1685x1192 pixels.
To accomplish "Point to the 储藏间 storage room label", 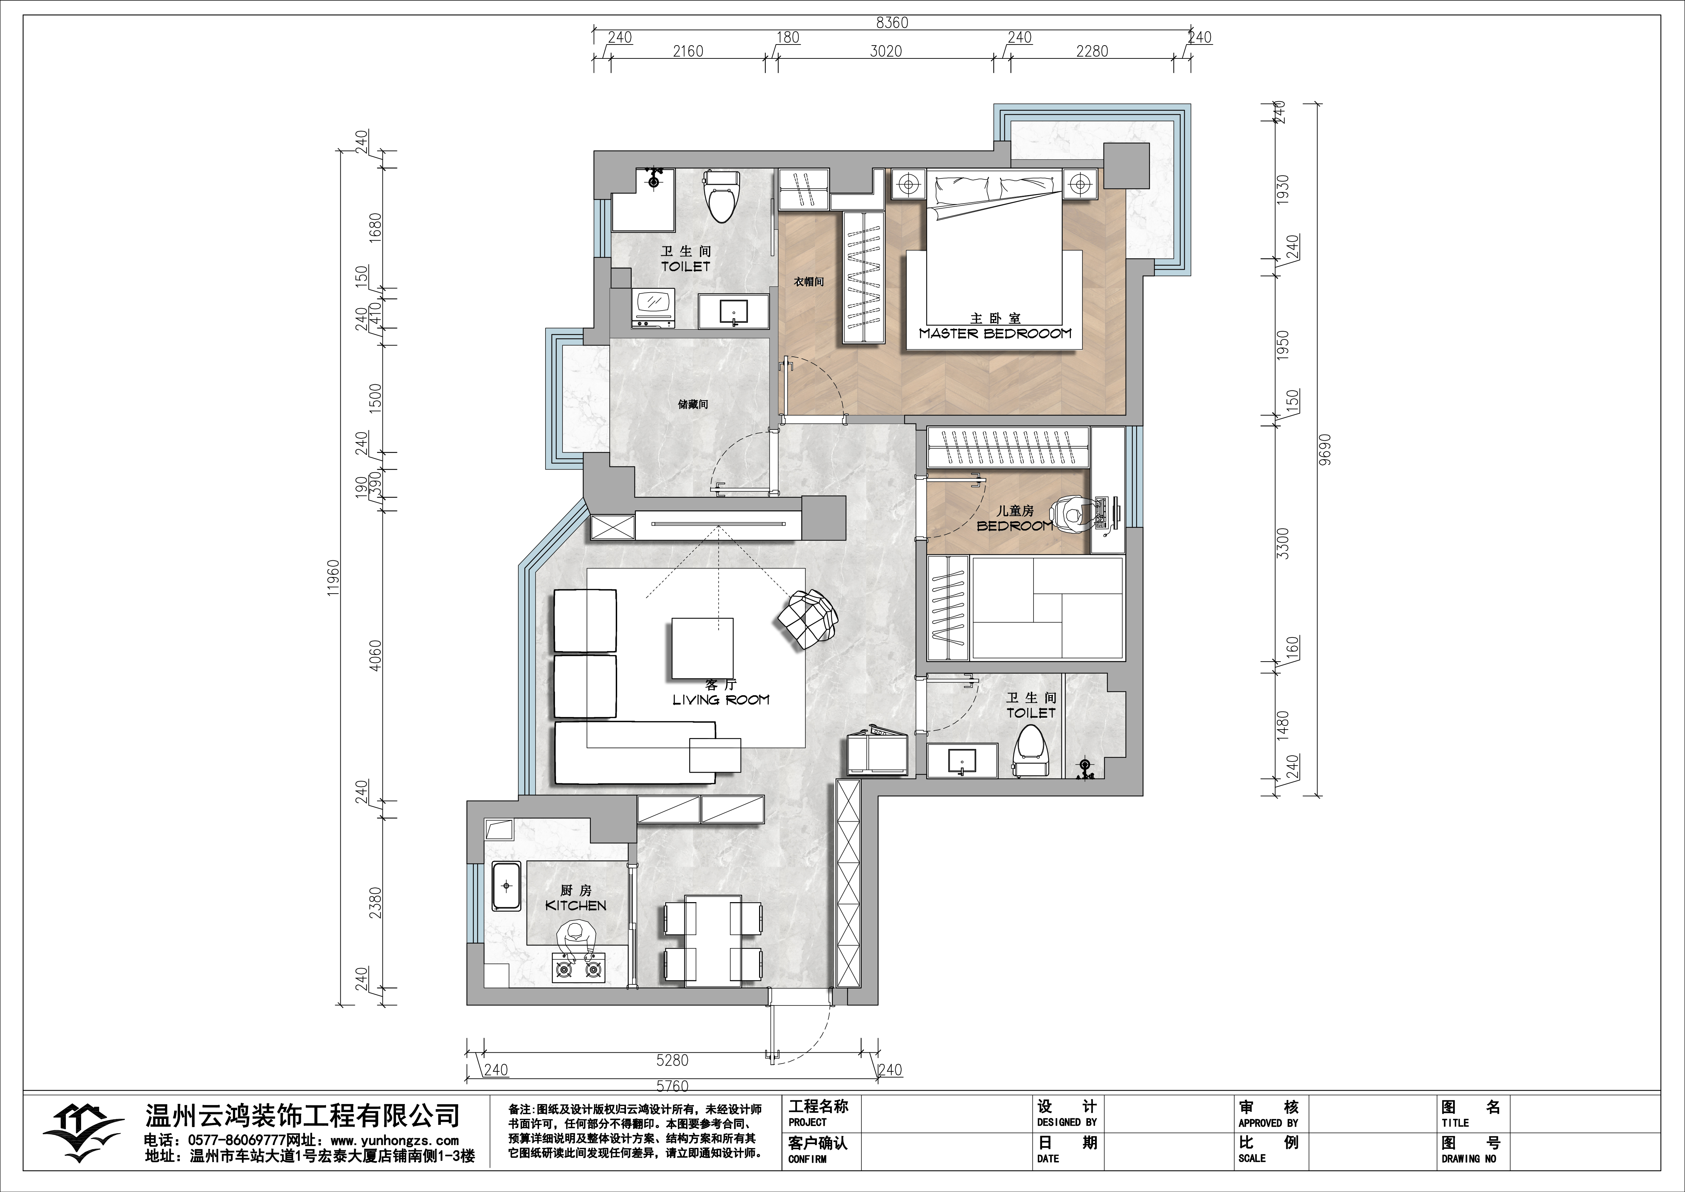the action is [693, 404].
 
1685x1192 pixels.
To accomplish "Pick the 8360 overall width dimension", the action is [892, 23].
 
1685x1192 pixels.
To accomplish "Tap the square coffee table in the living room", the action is [702, 648].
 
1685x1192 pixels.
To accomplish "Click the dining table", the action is [713, 940].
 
